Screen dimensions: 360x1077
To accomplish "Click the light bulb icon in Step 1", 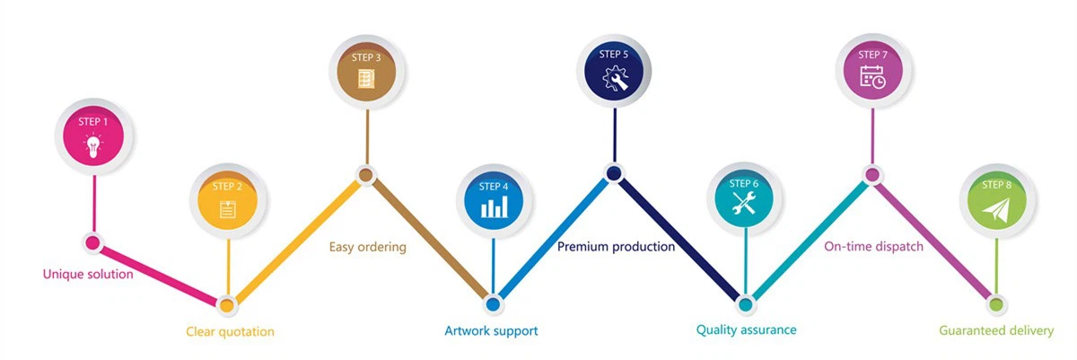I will (x=93, y=145).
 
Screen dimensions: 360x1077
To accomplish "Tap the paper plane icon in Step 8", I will (x=996, y=209).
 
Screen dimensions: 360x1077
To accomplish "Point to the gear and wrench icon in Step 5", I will (x=616, y=80).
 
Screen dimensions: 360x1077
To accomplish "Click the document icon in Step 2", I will (x=228, y=210).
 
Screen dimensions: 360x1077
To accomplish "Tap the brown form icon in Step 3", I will (x=366, y=79).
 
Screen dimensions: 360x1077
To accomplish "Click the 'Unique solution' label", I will (x=88, y=274).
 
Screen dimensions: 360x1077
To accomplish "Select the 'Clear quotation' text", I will (x=230, y=331).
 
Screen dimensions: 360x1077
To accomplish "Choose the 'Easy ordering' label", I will (x=367, y=246).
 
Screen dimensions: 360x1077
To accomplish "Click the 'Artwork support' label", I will (x=491, y=330).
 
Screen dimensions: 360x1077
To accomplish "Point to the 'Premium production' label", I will (x=616, y=246).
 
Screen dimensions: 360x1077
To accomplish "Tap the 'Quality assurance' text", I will (x=746, y=329).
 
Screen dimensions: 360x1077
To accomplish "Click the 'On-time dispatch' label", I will (x=873, y=246).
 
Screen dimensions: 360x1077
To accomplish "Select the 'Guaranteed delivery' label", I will (x=996, y=330).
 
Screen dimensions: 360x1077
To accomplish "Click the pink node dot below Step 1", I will (x=92, y=241).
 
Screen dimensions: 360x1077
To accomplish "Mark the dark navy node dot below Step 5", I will (x=615, y=173).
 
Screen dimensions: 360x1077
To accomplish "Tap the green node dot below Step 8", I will (x=995, y=303).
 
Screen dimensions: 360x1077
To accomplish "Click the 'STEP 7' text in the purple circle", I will (x=872, y=55).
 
